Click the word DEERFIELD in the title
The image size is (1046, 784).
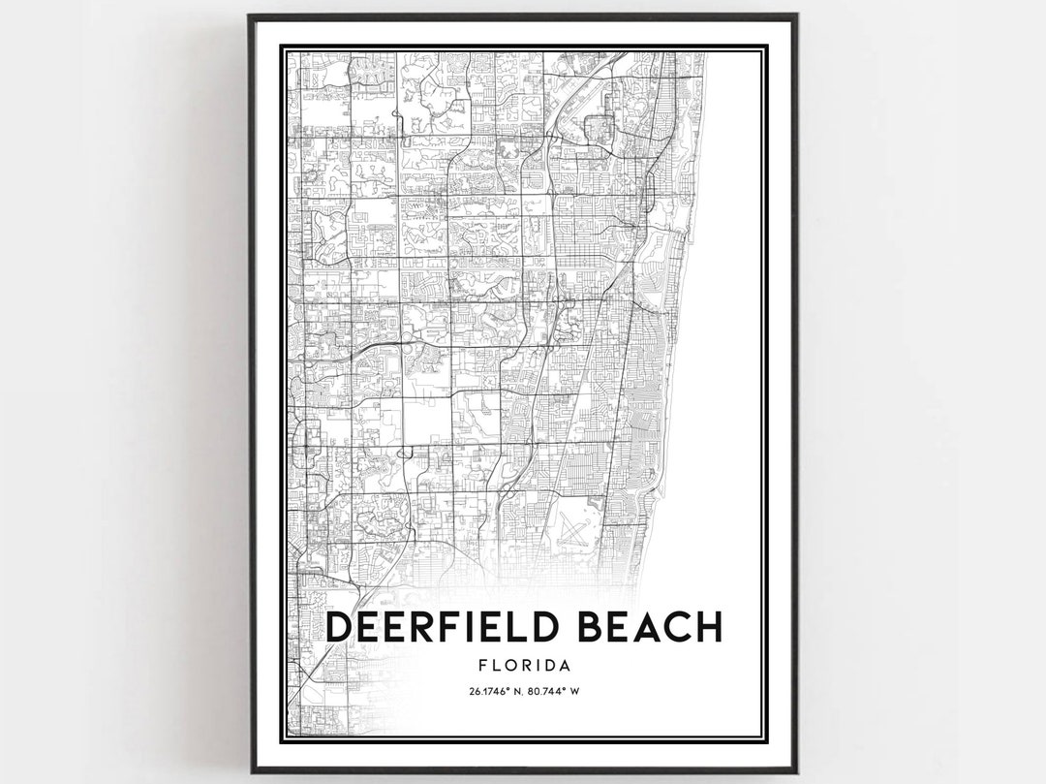(x=446, y=626)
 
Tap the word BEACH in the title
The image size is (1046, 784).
(x=650, y=626)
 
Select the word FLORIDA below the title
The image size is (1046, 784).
(x=523, y=666)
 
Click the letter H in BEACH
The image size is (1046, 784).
(x=707, y=626)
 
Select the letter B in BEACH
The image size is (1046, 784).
(x=594, y=626)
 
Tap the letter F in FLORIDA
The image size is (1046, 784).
(x=483, y=666)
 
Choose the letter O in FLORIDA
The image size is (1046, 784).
(x=509, y=666)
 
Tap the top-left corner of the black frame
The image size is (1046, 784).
(x=250, y=16)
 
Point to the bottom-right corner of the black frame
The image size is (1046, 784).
(x=796, y=770)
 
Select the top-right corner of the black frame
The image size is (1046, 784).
(x=796, y=16)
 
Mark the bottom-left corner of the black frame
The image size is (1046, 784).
(x=250, y=770)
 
